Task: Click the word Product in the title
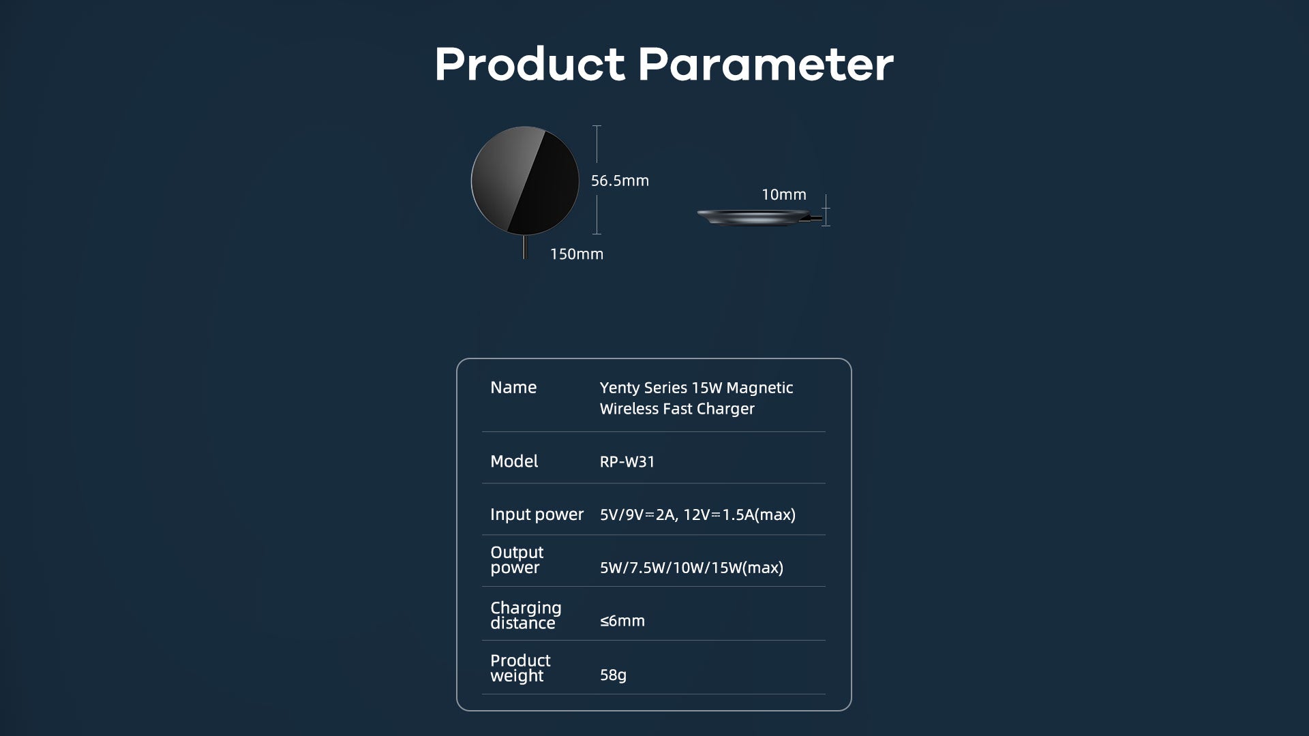pos(530,65)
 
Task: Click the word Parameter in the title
pos(766,65)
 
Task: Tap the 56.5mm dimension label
pos(620,181)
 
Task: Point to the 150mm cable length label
pos(577,254)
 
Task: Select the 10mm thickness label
pos(784,195)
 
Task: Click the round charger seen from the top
pos(525,181)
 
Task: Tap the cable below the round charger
pos(524,247)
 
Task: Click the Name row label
pos(513,388)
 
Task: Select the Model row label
pos(514,461)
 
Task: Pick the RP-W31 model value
pos(627,462)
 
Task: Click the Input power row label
pos(537,515)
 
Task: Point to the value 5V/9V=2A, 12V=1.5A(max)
pos(697,515)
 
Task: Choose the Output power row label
pos(517,559)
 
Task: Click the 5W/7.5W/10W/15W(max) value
pos(691,568)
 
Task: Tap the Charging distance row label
pos(526,615)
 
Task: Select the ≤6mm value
pos(622,621)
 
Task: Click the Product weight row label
pos(520,668)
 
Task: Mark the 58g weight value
pos(613,675)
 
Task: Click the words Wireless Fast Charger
pos(677,409)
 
